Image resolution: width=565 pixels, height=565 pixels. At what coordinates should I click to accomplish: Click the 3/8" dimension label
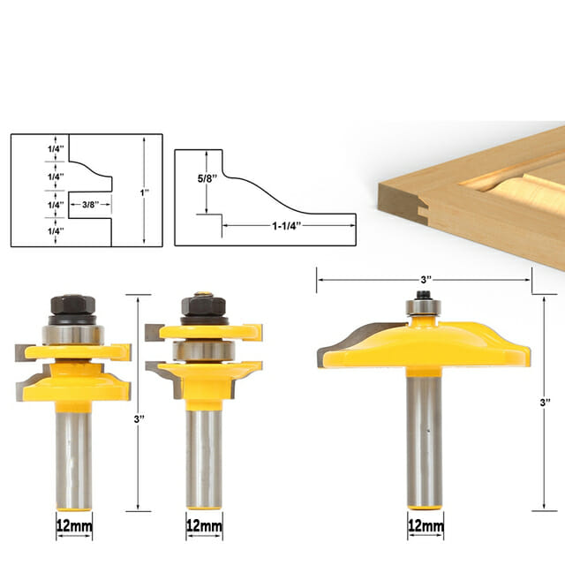click(90, 205)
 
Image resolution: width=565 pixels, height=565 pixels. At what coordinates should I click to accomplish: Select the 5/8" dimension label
click(207, 178)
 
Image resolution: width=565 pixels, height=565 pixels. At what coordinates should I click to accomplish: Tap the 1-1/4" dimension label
click(286, 226)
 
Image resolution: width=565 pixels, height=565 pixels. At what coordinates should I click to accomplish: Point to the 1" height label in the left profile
click(145, 192)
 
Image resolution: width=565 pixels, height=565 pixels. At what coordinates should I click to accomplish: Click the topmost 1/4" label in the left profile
click(56, 148)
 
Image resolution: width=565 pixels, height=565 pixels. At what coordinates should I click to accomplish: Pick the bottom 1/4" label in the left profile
click(56, 231)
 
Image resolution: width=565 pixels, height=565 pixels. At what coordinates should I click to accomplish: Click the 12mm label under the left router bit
click(74, 526)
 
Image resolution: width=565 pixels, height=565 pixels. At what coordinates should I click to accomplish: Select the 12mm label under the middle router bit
click(204, 526)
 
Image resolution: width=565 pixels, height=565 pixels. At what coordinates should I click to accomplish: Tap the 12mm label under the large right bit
click(426, 526)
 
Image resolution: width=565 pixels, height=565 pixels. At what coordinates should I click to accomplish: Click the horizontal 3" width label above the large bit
click(426, 280)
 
